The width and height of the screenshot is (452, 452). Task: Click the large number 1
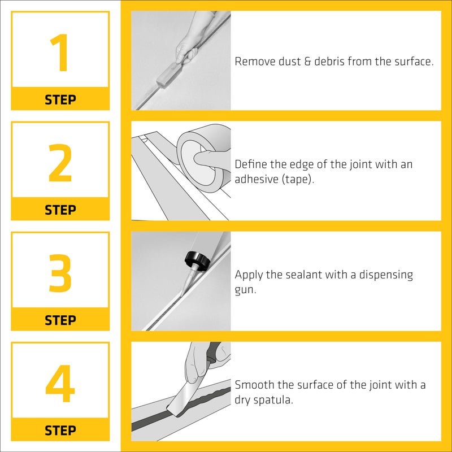(x=60, y=54)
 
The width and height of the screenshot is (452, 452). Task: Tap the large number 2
(x=60, y=164)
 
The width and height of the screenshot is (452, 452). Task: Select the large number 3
(x=60, y=274)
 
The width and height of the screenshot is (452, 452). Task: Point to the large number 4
(x=60, y=384)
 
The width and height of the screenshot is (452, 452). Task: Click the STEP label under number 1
(x=60, y=100)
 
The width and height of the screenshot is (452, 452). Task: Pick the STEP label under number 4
(x=60, y=431)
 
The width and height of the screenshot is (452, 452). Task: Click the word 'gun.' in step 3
(x=246, y=289)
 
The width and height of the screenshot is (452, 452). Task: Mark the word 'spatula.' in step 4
(x=275, y=399)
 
